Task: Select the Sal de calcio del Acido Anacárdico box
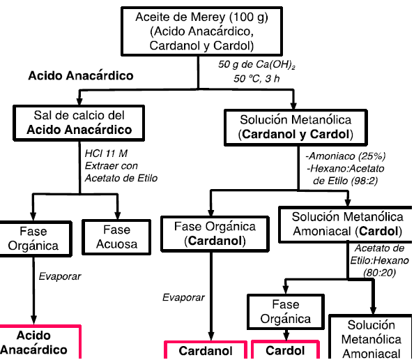point(79,121)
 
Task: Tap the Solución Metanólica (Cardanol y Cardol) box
point(295,126)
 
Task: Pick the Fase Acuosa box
point(117,237)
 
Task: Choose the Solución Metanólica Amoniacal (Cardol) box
point(347,223)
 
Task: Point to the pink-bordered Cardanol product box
point(206,351)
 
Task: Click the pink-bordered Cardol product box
point(285,351)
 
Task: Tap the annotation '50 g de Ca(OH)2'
point(256,65)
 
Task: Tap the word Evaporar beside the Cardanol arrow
point(183,297)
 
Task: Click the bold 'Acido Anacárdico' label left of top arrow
point(80,75)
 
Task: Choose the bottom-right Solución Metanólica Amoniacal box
point(371,339)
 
